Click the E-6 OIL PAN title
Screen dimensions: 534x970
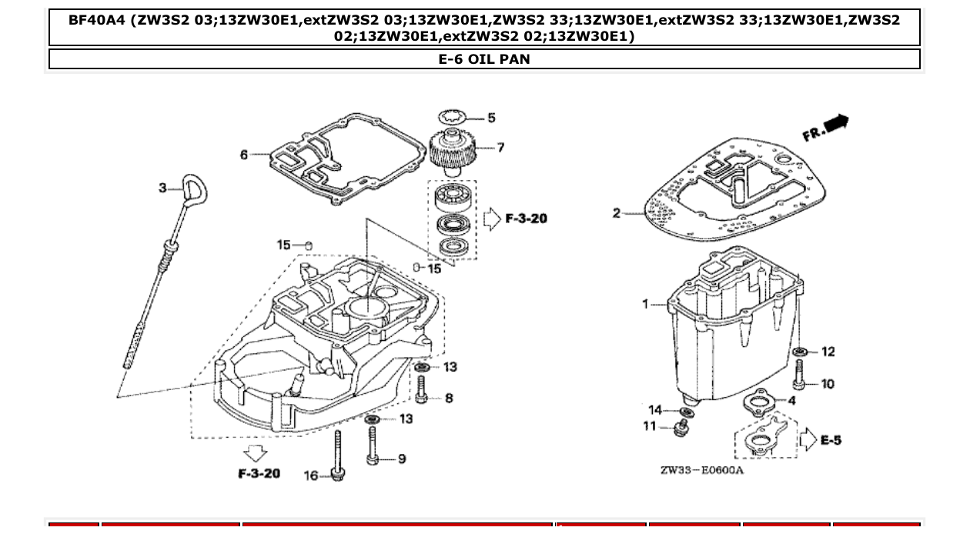tap(484, 59)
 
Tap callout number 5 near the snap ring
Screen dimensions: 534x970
tap(491, 118)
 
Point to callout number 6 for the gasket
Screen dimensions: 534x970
tap(244, 155)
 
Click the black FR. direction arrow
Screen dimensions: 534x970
tap(836, 123)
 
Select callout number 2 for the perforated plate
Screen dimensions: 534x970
tap(617, 212)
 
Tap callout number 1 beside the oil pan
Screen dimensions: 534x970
tap(646, 304)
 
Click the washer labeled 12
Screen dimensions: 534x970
tap(800, 352)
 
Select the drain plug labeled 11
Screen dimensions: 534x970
tap(680, 428)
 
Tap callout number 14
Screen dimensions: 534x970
tap(655, 410)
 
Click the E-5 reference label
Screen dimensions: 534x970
tap(831, 440)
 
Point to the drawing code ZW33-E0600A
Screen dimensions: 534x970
tap(701, 470)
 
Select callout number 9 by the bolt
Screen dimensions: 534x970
tap(401, 459)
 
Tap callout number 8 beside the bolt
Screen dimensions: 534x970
tap(449, 398)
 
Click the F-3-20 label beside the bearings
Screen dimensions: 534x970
tap(526, 219)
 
